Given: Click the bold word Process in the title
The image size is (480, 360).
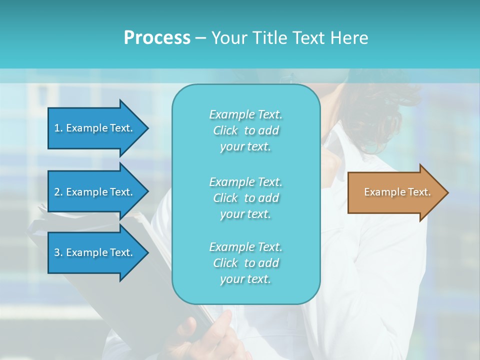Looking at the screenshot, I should pos(157,38).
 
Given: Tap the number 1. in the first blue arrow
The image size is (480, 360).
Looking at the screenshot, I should pos(58,128).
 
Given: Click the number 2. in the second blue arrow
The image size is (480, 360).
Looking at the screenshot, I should pos(58,192).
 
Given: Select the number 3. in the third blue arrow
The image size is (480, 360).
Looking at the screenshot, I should pos(58,252).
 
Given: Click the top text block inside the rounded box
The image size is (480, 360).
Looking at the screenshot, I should pos(245,130).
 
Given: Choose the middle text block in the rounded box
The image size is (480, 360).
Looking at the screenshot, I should pos(245,198).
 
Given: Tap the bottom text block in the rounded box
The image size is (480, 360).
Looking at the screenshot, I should pos(245,263).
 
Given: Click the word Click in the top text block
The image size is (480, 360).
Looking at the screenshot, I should pos(225,130).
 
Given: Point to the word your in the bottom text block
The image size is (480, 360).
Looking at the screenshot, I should pos(231,279).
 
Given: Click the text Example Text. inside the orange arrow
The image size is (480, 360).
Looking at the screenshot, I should pos(397,192).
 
